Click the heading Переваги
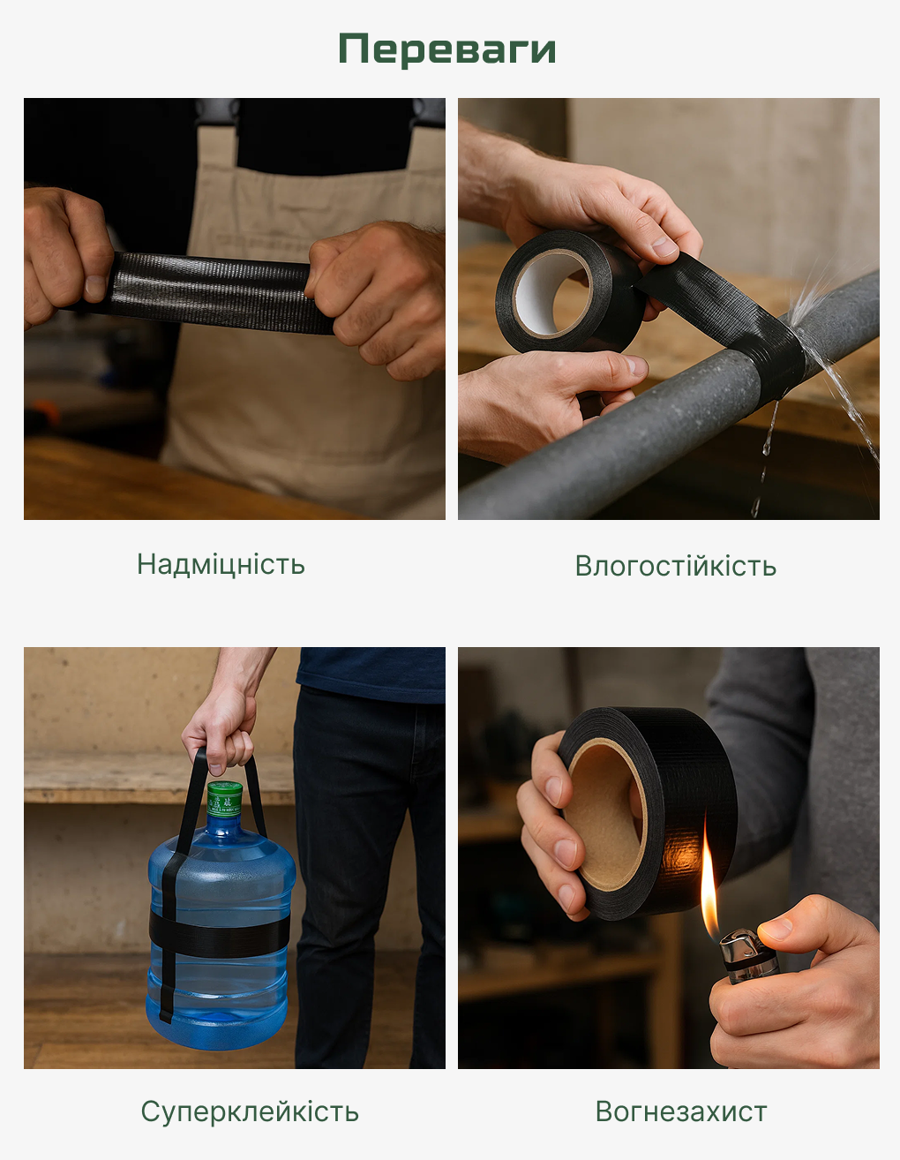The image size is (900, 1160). [x=447, y=49]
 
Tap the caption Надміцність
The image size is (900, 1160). [x=221, y=564]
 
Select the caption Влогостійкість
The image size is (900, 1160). [x=675, y=566]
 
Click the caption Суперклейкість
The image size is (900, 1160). [x=250, y=1112]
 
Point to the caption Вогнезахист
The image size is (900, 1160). [x=680, y=1112]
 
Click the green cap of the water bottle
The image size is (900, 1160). [x=225, y=799]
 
